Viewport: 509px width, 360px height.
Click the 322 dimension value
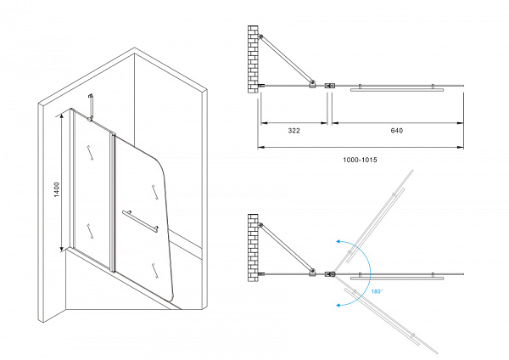click(294, 131)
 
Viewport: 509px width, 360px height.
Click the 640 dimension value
click(397, 131)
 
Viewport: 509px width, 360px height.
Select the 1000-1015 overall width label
click(360, 160)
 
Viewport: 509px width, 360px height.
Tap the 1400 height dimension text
click(57, 189)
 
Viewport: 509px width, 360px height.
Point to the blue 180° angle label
click(377, 291)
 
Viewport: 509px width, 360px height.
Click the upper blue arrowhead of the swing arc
click(338, 241)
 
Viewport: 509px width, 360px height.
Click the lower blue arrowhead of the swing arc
click(338, 305)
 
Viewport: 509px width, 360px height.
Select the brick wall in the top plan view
click(253, 59)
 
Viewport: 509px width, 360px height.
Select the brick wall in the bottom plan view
click(253, 248)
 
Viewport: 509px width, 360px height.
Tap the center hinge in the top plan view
click(330, 86)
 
